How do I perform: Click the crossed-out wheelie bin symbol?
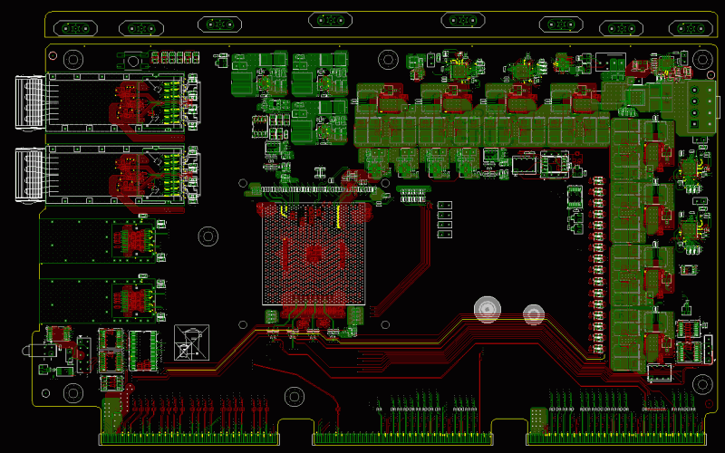[x=191, y=342]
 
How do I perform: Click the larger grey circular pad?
[x=488, y=309]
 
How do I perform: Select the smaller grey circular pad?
[x=534, y=314]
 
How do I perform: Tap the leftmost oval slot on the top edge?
[x=76, y=27]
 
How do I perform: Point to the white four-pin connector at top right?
[x=702, y=105]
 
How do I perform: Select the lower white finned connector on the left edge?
[x=30, y=174]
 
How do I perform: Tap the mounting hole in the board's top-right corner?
[x=703, y=60]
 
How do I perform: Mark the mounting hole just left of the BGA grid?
[x=208, y=237]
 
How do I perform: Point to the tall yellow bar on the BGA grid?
[x=339, y=217]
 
